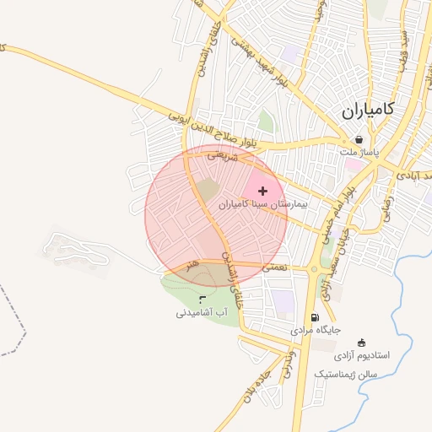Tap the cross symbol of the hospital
click(262, 192)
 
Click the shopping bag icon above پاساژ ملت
click(359, 140)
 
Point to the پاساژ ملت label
click(360, 153)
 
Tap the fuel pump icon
click(315, 317)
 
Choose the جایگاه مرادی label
click(316, 331)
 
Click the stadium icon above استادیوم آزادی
click(362, 343)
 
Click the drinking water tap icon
click(201, 299)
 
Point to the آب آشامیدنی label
click(202, 313)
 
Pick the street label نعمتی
click(275, 266)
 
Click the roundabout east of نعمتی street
click(314, 270)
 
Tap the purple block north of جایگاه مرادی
click(281, 300)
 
